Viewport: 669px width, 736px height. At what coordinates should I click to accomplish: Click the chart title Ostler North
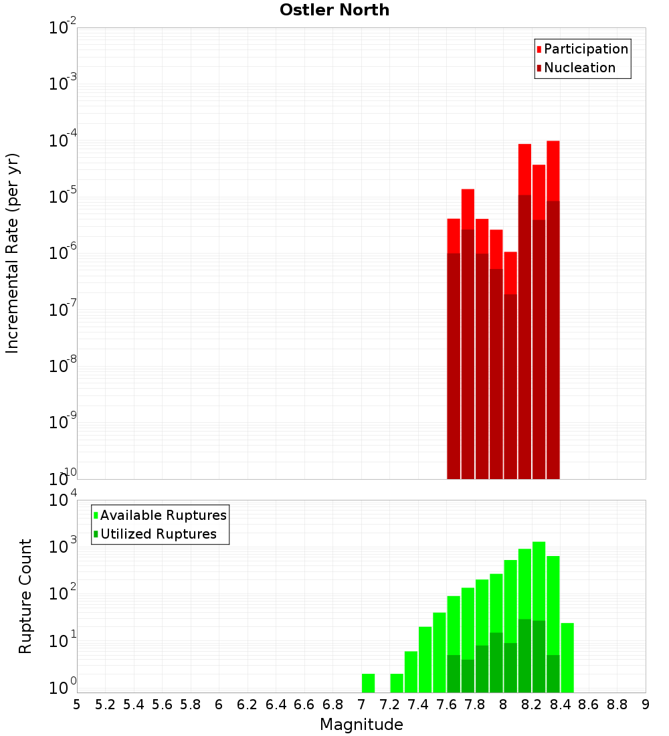click(x=334, y=10)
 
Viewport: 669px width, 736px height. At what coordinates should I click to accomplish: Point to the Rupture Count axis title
click(x=25, y=596)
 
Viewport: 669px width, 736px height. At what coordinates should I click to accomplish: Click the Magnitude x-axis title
click(x=361, y=725)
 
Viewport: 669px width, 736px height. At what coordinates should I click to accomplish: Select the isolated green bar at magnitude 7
click(x=368, y=683)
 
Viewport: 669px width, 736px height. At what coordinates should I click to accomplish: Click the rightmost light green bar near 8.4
click(x=567, y=658)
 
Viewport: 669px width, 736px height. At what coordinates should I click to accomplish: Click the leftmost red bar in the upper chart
click(x=454, y=348)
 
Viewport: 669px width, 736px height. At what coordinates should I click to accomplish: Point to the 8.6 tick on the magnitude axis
click(x=589, y=705)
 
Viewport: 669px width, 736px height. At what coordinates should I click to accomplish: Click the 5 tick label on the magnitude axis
click(x=77, y=705)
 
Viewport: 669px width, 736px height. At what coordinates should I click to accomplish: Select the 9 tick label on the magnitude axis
click(x=646, y=705)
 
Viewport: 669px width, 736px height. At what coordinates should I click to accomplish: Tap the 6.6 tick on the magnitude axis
click(x=304, y=705)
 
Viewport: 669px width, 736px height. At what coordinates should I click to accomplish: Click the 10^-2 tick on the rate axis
click(x=63, y=28)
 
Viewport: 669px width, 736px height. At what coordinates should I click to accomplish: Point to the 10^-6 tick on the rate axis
click(x=63, y=254)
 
